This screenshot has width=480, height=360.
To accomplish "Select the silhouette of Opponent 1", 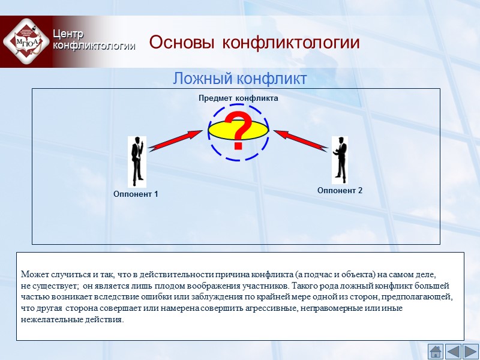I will click(x=137, y=161).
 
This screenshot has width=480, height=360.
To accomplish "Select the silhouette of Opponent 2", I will click(x=340, y=160).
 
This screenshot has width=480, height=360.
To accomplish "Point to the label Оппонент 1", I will click(x=136, y=194).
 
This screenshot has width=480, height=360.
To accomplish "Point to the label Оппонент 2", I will click(x=340, y=190).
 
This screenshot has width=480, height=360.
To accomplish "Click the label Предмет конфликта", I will click(x=238, y=97).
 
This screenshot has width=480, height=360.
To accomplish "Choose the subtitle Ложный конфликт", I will click(x=240, y=79).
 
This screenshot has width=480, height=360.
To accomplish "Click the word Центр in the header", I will click(x=68, y=34).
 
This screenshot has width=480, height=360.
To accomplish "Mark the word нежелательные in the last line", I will click(x=50, y=319).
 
